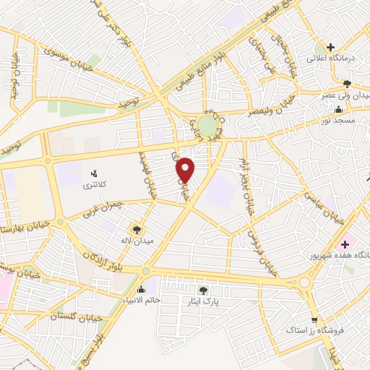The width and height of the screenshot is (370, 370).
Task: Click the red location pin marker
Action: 186,169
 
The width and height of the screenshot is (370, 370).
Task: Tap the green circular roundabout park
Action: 208,127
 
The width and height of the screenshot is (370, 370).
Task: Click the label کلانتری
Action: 92,185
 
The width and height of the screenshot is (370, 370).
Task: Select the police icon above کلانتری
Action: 92,173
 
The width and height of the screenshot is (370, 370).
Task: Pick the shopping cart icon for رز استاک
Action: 314,320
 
